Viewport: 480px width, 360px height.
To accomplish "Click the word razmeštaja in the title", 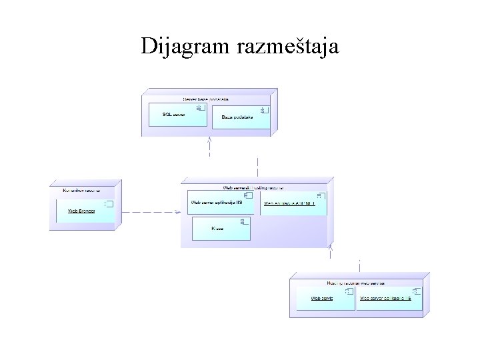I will (287, 47).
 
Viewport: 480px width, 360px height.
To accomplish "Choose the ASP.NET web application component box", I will (293, 203).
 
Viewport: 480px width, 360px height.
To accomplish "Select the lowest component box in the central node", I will (221, 229).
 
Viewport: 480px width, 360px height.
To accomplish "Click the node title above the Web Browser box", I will (81, 191).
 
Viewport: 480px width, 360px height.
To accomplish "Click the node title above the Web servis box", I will (356, 283).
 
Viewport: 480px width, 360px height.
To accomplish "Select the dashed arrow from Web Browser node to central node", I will (150, 212).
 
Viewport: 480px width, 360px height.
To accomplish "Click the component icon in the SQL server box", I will (199, 107).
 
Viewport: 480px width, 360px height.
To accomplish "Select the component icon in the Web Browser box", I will (109, 203).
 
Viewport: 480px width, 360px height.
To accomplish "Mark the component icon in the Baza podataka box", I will (263, 109).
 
